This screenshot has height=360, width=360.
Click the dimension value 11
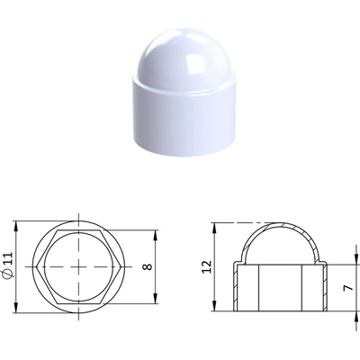9,258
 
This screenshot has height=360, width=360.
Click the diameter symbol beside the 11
9,273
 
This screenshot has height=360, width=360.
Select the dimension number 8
148,266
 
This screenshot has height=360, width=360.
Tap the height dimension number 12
207,267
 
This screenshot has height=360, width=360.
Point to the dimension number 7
348,287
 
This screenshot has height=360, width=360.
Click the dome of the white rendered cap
184,54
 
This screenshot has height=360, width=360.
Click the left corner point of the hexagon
36,266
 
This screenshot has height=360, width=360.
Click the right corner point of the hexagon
121,266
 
